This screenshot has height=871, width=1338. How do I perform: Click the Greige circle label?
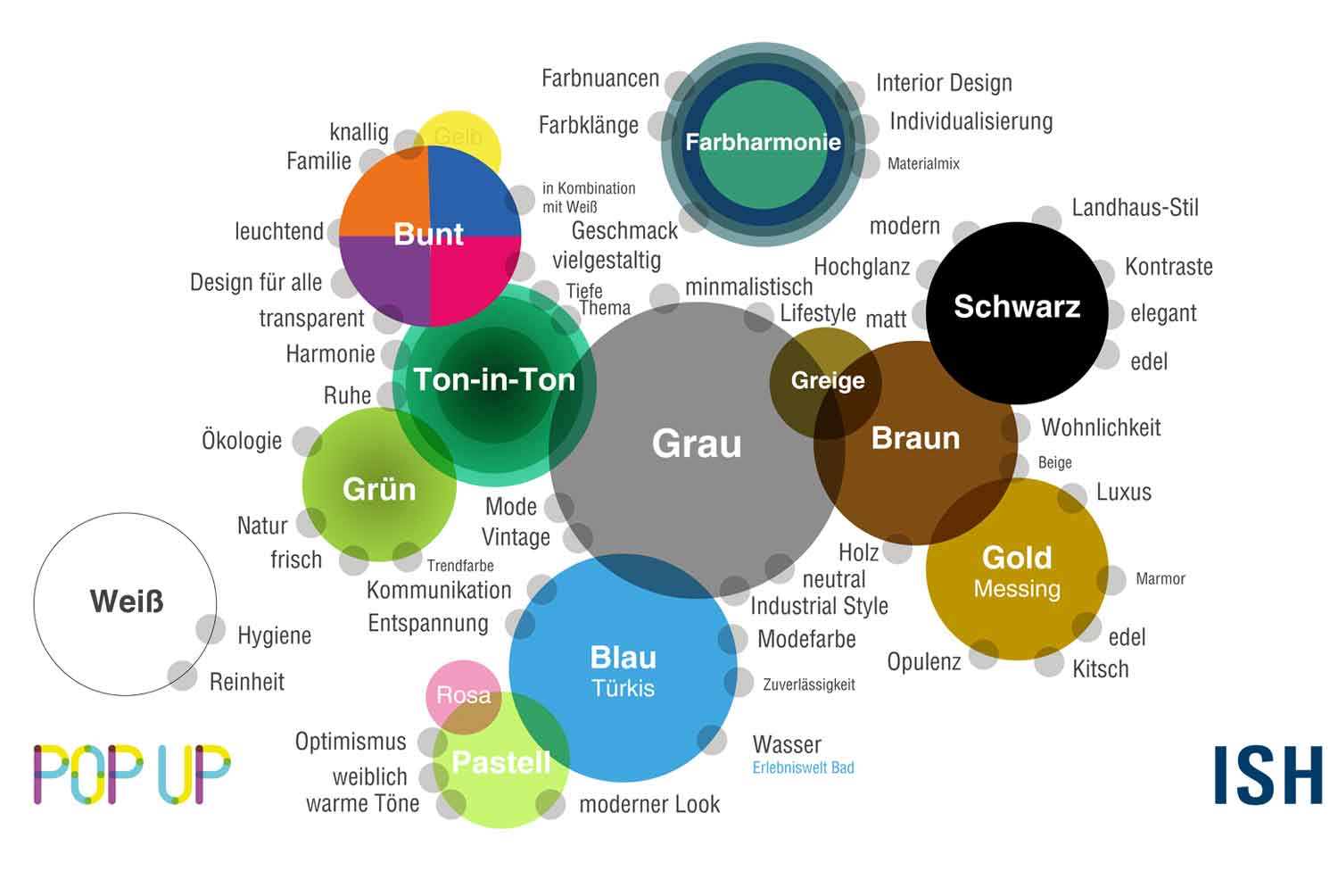tap(828, 381)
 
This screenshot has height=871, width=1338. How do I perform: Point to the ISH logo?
tap(1268, 776)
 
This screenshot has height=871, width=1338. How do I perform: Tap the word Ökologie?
tap(242, 441)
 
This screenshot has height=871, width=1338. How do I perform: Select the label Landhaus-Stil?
tap(1135, 208)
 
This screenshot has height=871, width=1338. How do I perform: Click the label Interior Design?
tap(944, 83)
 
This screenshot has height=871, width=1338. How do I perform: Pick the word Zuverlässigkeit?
tap(808, 684)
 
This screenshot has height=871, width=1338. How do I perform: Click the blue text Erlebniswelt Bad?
tap(803, 767)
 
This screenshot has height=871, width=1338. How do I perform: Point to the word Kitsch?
tap(1100, 669)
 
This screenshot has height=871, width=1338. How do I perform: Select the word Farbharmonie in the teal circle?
tap(763, 142)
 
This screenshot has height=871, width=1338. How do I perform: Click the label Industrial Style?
tap(819, 606)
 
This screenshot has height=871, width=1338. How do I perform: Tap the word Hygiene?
tap(274, 635)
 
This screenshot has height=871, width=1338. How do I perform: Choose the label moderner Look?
tap(649, 804)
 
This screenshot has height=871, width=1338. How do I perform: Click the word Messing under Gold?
tap(1017, 589)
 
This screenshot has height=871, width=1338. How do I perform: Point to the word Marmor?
tap(1160, 579)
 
